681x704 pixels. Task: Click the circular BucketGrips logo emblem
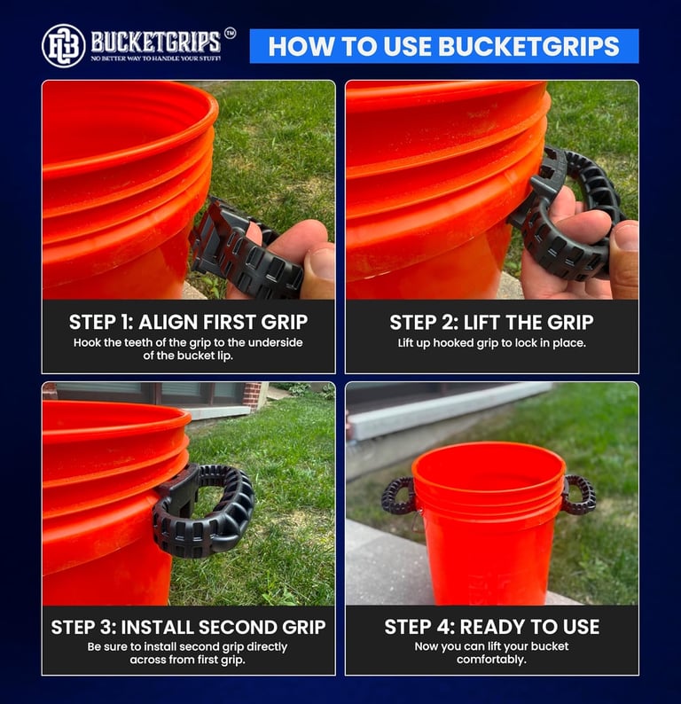(63, 46)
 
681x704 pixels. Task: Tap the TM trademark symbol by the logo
(230, 33)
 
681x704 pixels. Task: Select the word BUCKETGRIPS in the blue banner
(528, 46)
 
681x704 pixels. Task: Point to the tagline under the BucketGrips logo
(156, 59)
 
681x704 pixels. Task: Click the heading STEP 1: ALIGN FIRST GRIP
(188, 322)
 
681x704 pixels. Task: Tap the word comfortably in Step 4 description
(491, 660)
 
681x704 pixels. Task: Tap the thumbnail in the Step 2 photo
(626, 236)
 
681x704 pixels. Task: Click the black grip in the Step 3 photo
(203, 510)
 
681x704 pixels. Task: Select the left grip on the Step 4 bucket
(397, 496)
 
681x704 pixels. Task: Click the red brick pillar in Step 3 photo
(252, 396)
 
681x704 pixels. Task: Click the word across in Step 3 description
(145, 660)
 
